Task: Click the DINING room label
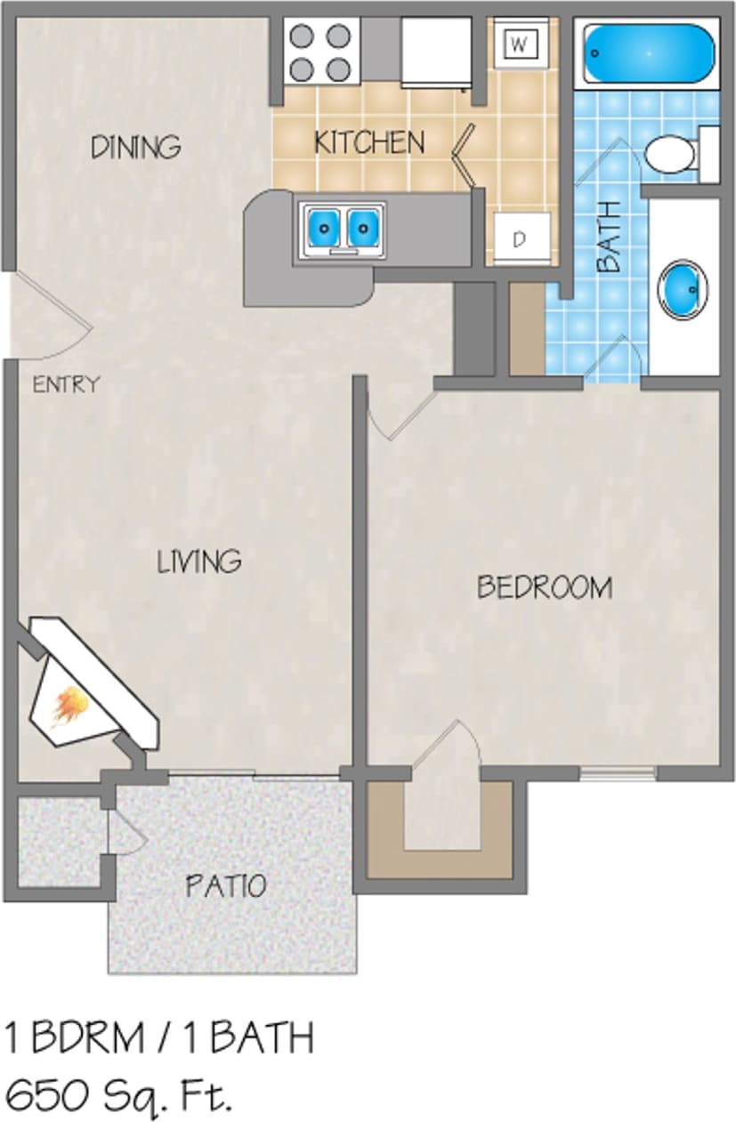tap(135, 146)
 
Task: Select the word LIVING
tap(199, 561)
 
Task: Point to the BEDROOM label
tap(544, 587)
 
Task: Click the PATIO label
tap(225, 885)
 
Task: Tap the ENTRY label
tap(66, 385)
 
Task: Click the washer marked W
tap(521, 42)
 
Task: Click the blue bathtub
tap(649, 52)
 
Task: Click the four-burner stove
tap(321, 52)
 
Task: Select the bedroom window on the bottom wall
tap(618, 772)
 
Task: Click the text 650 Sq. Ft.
tap(119, 1094)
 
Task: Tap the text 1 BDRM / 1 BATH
tap(160, 1038)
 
